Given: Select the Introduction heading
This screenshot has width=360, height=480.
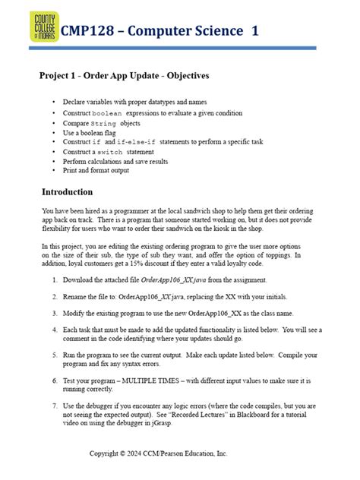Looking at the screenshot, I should pyautogui.click(x=67, y=192).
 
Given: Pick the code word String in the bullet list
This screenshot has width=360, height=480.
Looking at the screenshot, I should pyautogui.click(x=104, y=122).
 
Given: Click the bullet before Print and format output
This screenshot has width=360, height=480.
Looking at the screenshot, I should pyautogui.click(x=52, y=171).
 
